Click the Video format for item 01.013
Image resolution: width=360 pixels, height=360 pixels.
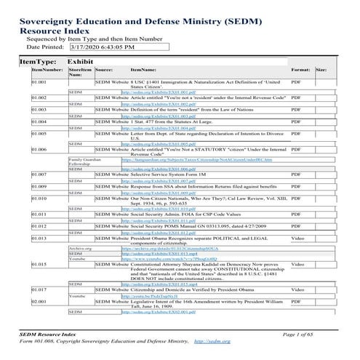coord(298,239)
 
